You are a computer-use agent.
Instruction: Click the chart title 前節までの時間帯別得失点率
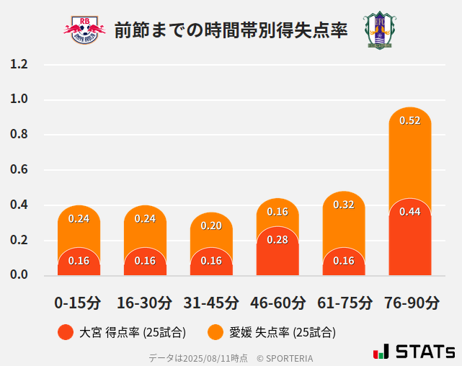pyautogui.click(x=231, y=30)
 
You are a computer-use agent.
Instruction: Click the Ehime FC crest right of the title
pyautogui.click(x=377, y=30)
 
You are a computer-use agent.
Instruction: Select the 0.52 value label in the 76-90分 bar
pyautogui.click(x=409, y=120)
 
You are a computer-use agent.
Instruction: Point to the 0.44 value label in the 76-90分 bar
pyautogui.click(x=409, y=211)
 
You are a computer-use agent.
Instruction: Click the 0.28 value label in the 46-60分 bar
pyautogui.click(x=277, y=239)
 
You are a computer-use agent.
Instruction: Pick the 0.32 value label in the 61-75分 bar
pyautogui.click(x=344, y=205)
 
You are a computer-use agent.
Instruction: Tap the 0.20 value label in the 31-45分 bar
pyautogui.click(x=211, y=226)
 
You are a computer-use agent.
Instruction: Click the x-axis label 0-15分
pyautogui.click(x=78, y=303)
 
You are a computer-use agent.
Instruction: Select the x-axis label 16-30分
pyautogui.click(x=145, y=303)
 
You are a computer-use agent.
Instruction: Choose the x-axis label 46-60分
pyautogui.click(x=277, y=303)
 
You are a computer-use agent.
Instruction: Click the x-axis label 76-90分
pyautogui.click(x=411, y=303)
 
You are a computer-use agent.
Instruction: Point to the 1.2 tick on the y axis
pyautogui.click(x=19, y=65)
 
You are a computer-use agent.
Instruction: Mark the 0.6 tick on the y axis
pyautogui.click(x=19, y=170)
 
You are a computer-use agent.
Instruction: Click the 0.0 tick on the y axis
pyautogui.click(x=19, y=275)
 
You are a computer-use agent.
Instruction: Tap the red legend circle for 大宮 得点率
pyautogui.click(x=66, y=332)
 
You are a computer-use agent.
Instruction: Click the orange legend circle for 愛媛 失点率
pyautogui.click(x=216, y=332)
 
